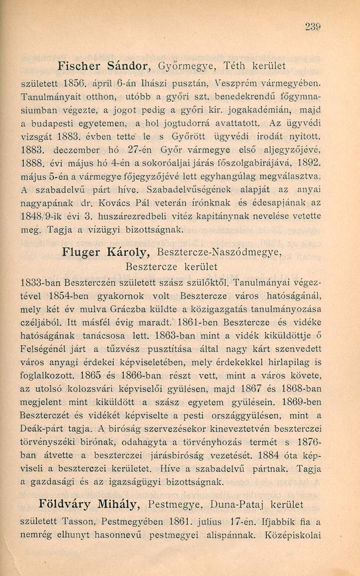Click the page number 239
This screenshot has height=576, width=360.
(x=312, y=28)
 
